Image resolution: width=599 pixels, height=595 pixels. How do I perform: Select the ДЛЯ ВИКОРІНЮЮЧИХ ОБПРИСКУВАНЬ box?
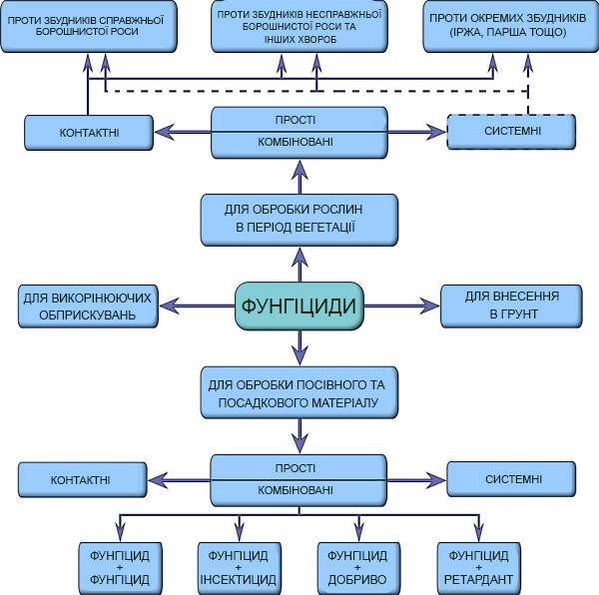[x=90, y=305]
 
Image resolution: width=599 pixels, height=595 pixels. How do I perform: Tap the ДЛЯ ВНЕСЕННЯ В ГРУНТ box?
[x=510, y=304]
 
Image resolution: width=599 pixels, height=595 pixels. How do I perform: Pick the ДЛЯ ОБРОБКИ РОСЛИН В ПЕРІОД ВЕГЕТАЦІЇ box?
[x=299, y=220]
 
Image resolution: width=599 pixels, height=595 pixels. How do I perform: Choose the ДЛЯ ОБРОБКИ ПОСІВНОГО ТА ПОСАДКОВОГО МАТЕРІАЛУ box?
[x=299, y=393]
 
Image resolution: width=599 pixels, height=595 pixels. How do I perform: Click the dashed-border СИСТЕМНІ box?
[x=510, y=132]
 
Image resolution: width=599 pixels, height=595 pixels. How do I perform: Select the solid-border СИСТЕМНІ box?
[x=512, y=480]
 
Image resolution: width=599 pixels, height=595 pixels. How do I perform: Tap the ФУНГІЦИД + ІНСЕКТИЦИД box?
[x=239, y=567]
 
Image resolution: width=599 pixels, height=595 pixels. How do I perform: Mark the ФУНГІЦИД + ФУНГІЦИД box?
[x=119, y=567]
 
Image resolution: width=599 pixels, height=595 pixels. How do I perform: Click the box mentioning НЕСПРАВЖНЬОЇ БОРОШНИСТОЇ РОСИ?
[x=299, y=26]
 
